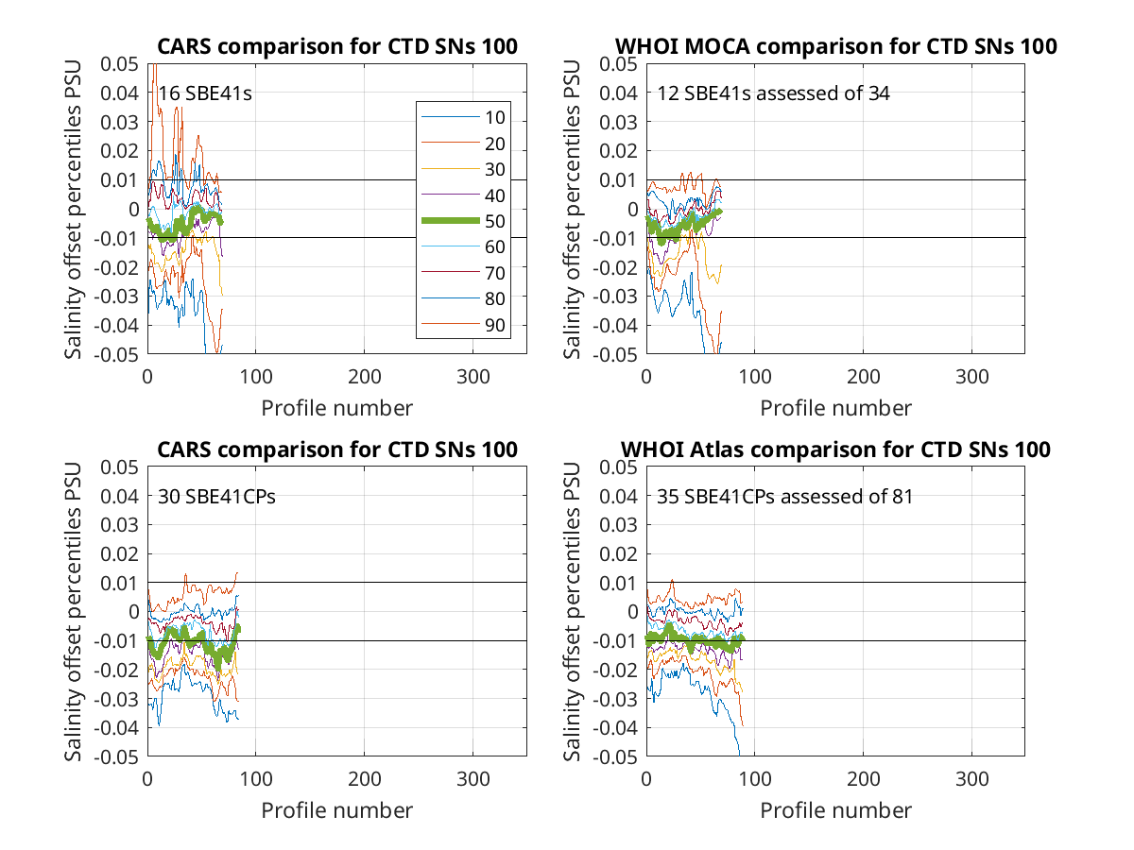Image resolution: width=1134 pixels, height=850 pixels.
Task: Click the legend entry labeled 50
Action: pos(463,221)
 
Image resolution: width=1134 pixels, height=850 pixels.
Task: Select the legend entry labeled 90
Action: pos(463,325)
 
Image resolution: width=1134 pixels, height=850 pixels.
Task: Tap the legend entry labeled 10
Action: pos(463,117)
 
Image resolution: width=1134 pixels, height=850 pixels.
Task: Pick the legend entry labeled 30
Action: pos(463,169)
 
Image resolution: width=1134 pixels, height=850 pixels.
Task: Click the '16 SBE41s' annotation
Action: pos(204,93)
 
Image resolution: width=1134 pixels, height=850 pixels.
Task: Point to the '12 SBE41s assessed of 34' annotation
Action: pos(773,93)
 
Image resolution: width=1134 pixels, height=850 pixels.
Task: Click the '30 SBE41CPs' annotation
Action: pos(216,497)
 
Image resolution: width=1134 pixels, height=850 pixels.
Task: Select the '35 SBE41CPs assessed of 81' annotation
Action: pos(784,497)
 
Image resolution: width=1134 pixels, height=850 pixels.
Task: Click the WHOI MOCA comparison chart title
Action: pos(835,46)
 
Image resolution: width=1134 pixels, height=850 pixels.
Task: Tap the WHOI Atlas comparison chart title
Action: pos(835,450)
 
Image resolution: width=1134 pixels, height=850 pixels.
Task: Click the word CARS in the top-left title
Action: pos(184,46)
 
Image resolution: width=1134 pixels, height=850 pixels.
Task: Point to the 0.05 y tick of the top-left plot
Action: pos(119,64)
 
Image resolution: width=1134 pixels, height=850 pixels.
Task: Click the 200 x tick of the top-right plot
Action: pos(863,377)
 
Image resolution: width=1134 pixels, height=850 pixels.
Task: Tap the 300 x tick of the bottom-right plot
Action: pos(971,779)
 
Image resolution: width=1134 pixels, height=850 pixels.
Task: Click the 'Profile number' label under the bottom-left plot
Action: pos(336,810)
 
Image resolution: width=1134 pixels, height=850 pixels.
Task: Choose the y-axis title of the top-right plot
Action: pos(572,209)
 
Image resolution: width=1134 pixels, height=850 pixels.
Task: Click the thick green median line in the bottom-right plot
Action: pos(695,640)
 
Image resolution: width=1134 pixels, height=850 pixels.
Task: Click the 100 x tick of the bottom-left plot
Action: pos(256,779)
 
